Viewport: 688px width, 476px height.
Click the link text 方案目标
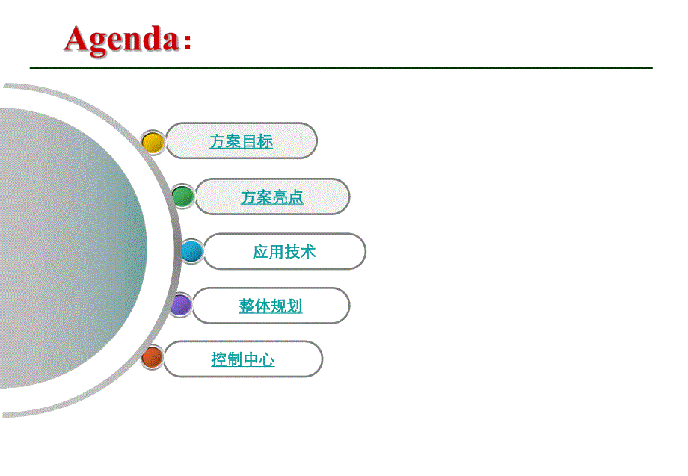tap(241, 141)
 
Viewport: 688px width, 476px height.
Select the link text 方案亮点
tap(272, 197)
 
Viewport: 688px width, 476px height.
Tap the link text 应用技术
tap(284, 252)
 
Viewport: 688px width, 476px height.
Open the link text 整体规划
tap(271, 306)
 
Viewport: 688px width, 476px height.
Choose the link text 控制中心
tap(242, 359)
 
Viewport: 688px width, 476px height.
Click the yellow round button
tap(153, 142)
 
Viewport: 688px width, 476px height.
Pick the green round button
tap(183, 197)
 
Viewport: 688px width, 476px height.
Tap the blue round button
tap(191, 251)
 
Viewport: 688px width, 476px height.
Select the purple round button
tap(180, 305)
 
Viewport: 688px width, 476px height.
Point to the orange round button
tap(153, 357)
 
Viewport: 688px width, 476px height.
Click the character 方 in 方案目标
tap(218, 141)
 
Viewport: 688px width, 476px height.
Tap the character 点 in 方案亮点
tap(296, 197)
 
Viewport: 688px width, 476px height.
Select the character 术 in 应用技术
tap(308, 252)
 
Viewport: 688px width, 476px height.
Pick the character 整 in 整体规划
tap(247, 306)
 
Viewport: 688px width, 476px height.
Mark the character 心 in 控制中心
tap(267, 359)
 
